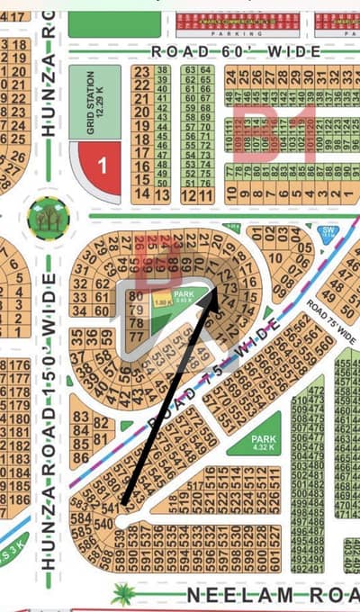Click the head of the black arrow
pyautogui.click(x=216, y=291)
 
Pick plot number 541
pyautogui.click(x=110, y=509)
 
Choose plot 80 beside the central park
pyautogui.click(x=137, y=295)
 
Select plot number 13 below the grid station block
pyautogui.click(x=160, y=194)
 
